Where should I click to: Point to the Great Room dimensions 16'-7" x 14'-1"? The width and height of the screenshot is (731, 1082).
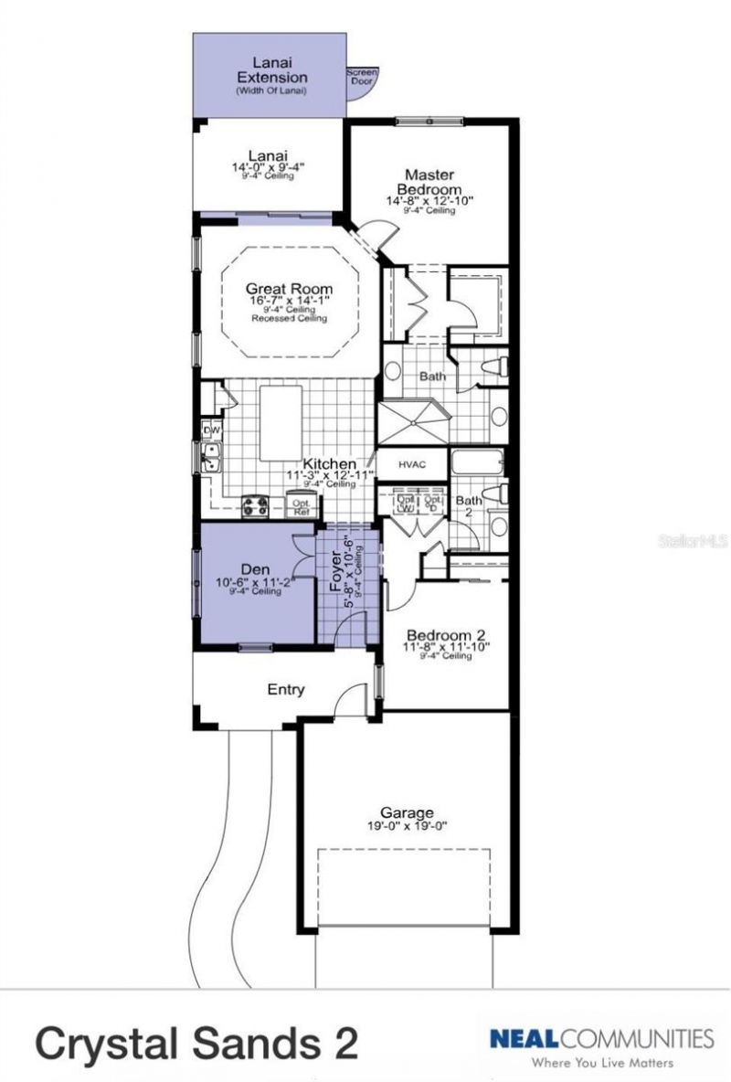click(289, 301)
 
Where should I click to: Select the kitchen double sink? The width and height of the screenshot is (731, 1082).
click(210, 458)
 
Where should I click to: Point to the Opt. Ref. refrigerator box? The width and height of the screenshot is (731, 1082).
click(301, 506)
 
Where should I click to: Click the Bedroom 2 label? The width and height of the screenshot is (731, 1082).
click(445, 635)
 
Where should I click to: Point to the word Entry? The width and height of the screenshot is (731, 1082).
click(285, 690)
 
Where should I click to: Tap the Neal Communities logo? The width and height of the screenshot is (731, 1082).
click(600, 1038)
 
